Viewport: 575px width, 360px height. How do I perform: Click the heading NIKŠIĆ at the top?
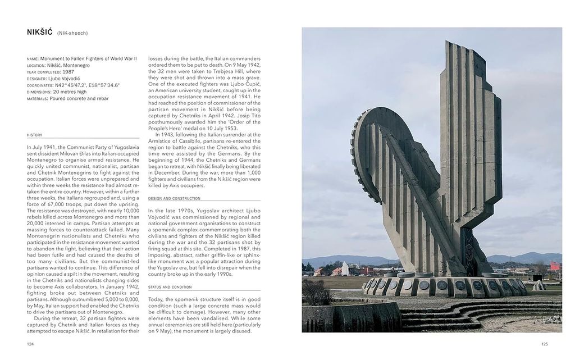[39, 32]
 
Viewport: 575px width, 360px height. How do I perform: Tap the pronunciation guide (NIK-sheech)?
[72, 33]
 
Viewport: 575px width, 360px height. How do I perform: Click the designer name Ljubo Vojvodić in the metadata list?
[64, 79]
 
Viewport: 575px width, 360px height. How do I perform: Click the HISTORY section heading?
[34, 135]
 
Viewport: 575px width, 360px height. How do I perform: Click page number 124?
[30, 344]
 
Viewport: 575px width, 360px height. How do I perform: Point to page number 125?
[544, 344]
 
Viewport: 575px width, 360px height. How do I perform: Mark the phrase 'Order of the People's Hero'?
[207, 119]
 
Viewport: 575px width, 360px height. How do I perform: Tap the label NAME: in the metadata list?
[33, 58]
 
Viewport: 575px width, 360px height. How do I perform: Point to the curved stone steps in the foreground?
[449, 315]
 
